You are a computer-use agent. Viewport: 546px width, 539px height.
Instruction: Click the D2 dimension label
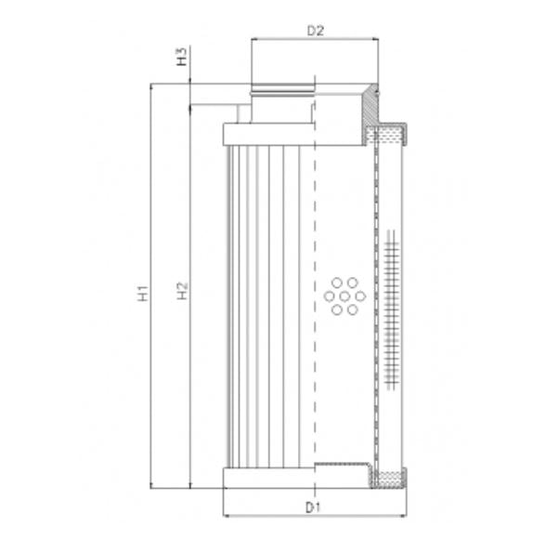click(316, 30)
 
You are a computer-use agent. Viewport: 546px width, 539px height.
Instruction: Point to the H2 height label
click(183, 294)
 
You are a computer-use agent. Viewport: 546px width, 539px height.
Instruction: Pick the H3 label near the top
click(183, 59)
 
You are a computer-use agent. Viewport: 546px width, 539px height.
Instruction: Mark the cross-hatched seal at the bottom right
click(388, 480)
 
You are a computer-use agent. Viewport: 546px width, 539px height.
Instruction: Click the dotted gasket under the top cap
click(388, 136)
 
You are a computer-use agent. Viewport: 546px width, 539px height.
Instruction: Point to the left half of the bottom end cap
click(269, 479)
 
